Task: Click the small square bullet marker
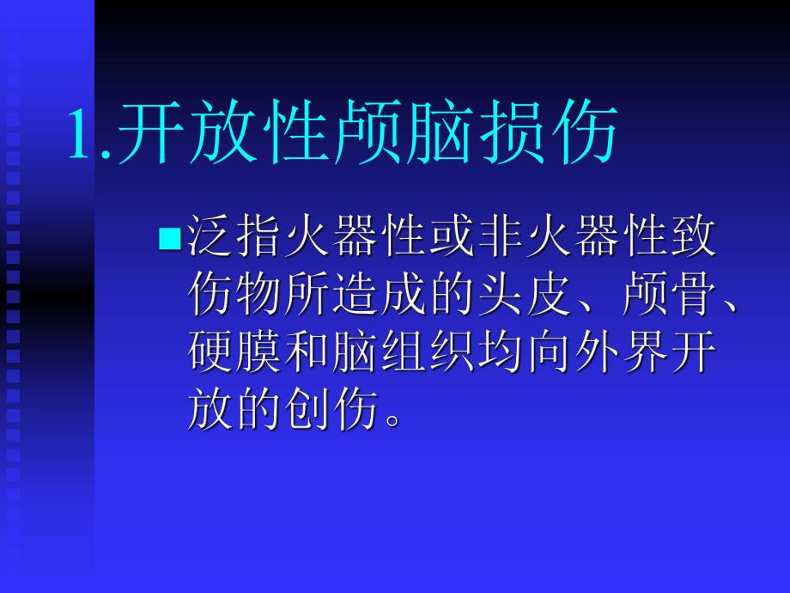pos(167,236)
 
